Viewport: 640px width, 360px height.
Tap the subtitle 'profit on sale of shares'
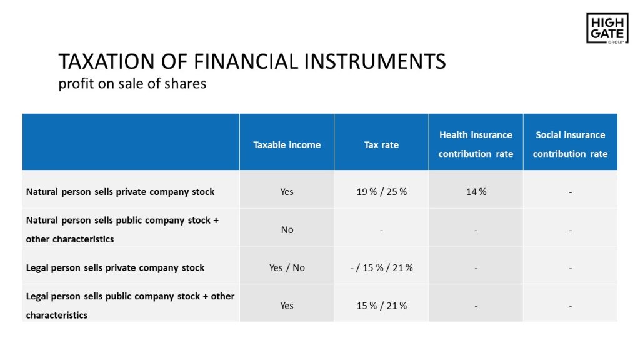point(132,83)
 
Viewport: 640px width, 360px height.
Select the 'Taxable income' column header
point(287,145)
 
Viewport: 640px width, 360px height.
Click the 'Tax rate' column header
point(381,145)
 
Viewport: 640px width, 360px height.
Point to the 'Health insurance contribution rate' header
point(476,144)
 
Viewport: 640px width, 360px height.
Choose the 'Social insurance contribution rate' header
point(570,144)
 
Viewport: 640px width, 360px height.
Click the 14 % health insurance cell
point(476,192)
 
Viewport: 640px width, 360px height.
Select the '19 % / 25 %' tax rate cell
point(382,192)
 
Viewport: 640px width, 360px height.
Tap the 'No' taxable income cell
point(287,230)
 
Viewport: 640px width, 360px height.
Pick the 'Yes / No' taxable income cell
point(287,267)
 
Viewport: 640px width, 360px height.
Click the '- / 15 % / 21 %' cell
point(382,267)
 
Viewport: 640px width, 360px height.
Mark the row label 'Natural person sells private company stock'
point(120,192)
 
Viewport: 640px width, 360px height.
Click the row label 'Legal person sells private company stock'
point(115,267)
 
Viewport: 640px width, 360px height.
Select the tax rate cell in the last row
point(382,306)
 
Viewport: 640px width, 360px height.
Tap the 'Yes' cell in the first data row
point(286,192)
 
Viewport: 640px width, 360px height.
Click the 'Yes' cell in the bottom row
point(286,306)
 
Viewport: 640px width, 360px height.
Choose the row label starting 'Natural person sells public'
point(122,230)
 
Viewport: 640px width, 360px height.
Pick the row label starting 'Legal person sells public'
point(130,306)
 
